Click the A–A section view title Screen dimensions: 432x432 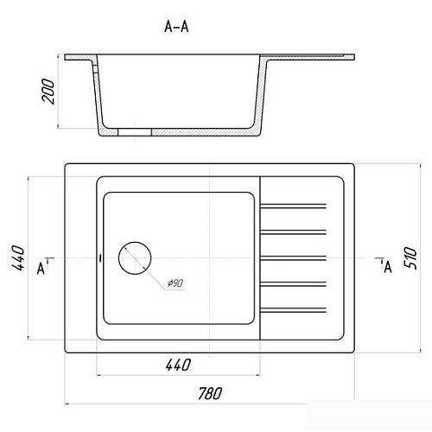point(176,27)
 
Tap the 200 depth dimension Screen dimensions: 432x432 point(48,91)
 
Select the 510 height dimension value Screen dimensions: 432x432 point(410,257)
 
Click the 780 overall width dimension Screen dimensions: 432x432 point(210,393)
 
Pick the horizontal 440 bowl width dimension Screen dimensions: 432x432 point(178,365)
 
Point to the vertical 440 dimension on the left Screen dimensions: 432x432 point(18,257)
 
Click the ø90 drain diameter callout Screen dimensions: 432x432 point(175,283)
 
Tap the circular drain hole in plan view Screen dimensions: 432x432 point(135,258)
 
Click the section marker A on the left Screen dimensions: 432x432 point(41,269)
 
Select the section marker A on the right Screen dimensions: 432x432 point(388,267)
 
